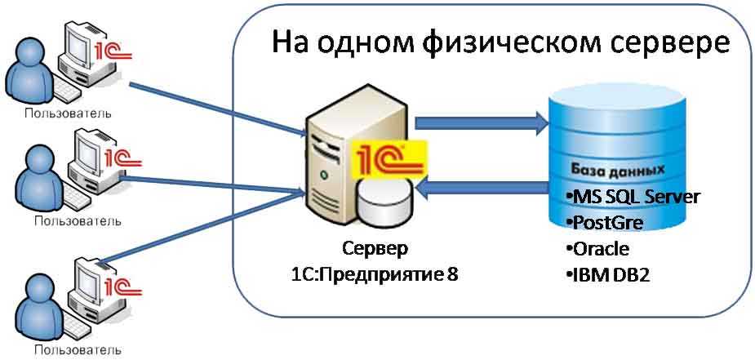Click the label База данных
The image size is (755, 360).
tap(618, 170)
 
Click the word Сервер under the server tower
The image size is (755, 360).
tap(375, 249)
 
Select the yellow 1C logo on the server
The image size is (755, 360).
tap(389, 158)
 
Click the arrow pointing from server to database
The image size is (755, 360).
tap(482, 123)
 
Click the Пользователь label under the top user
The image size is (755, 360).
tap(68, 113)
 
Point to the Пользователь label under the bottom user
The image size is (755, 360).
tap(78, 349)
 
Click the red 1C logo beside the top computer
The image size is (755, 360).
tap(113, 51)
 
